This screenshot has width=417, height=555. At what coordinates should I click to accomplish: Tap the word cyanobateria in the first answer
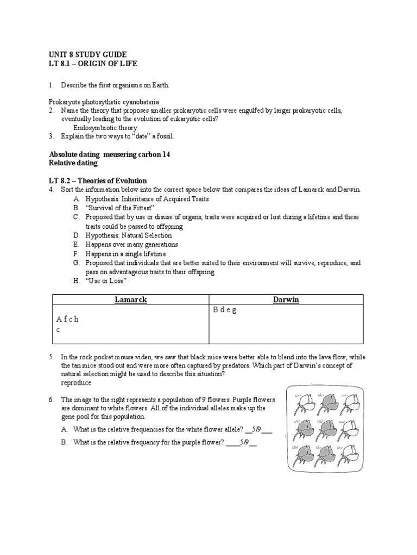coord(140,102)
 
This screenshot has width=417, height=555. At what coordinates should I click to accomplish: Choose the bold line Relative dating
coord(73,163)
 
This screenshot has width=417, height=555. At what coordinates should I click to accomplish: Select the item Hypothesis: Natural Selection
coord(128,236)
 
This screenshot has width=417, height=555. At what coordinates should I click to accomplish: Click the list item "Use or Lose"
coord(106,281)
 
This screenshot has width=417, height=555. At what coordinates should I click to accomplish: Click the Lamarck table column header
coord(130,300)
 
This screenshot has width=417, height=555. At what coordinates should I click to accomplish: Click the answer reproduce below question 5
coord(77,383)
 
